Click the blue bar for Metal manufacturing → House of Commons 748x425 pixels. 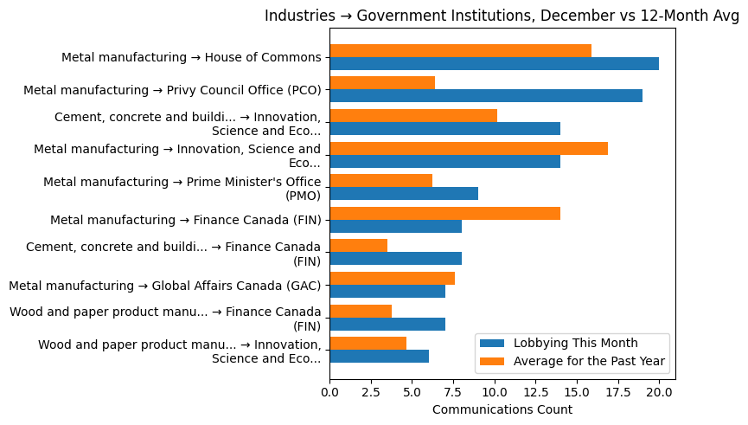pyautogui.click(x=494, y=63)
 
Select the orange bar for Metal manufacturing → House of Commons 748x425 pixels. pyautogui.click(x=460, y=50)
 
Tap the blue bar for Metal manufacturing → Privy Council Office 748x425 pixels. pyautogui.click(x=486, y=95)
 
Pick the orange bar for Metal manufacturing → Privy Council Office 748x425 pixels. pyautogui.click(x=382, y=83)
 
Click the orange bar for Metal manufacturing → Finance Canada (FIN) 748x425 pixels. pyautogui.click(x=444, y=213)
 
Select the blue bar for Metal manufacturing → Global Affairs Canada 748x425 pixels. pyautogui.click(x=387, y=291)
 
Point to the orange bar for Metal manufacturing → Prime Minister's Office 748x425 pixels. pyautogui.click(x=380, y=180)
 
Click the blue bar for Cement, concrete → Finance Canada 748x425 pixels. pyautogui.click(x=395, y=258)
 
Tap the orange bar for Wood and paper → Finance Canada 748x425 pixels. pyautogui.click(x=361, y=311)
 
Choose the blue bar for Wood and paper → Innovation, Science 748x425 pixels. pyautogui.click(x=379, y=356)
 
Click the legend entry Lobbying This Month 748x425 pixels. pyautogui.click(x=571, y=342)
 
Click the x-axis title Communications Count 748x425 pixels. pyautogui.click(x=502, y=409)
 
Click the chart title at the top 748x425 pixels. pyautogui.click(x=502, y=16)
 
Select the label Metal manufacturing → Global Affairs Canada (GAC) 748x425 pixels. pyautogui.click(x=164, y=285)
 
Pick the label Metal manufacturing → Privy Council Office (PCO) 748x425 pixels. pyautogui.click(x=172, y=90)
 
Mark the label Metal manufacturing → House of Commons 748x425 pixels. pyautogui.click(x=191, y=57)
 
